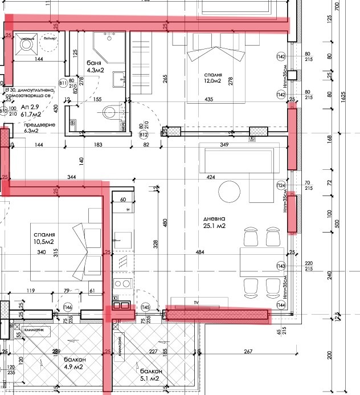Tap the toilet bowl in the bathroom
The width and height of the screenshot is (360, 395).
(111, 112)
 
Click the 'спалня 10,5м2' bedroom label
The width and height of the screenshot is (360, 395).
(44, 238)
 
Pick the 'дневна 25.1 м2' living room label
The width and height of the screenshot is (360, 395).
(216, 222)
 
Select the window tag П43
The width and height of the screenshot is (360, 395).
(281, 266)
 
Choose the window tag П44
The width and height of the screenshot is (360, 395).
(281, 306)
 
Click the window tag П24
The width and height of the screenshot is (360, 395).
(281, 185)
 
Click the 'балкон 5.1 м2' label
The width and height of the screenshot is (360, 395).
(151, 374)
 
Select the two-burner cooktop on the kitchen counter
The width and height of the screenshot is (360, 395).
(121, 283)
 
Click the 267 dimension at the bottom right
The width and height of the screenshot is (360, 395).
(248, 352)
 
